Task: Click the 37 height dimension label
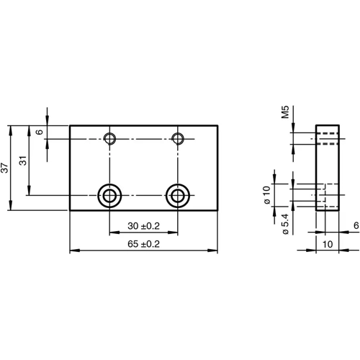[x=6, y=168]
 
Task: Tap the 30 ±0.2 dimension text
[x=143, y=226]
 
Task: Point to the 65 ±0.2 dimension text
[x=143, y=245]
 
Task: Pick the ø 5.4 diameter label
[x=285, y=223]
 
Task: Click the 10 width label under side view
[x=328, y=245]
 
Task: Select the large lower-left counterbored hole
[x=109, y=194]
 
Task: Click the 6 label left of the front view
[x=40, y=132]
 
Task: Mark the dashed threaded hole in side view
[x=328, y=138]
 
